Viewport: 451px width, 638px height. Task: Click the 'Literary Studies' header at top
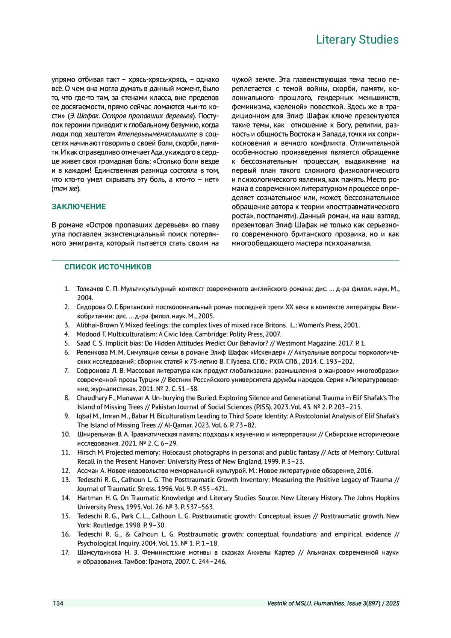pos(357,39)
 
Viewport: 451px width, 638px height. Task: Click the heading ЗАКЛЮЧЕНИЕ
pos(79,206)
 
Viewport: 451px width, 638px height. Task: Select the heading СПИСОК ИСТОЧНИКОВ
pos(107,267)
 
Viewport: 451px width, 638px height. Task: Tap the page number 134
pos(58,603)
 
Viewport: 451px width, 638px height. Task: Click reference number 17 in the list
pos(66,552)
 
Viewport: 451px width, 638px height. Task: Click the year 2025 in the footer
pos(392,603)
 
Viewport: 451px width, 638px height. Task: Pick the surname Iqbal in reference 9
pos(84,416)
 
